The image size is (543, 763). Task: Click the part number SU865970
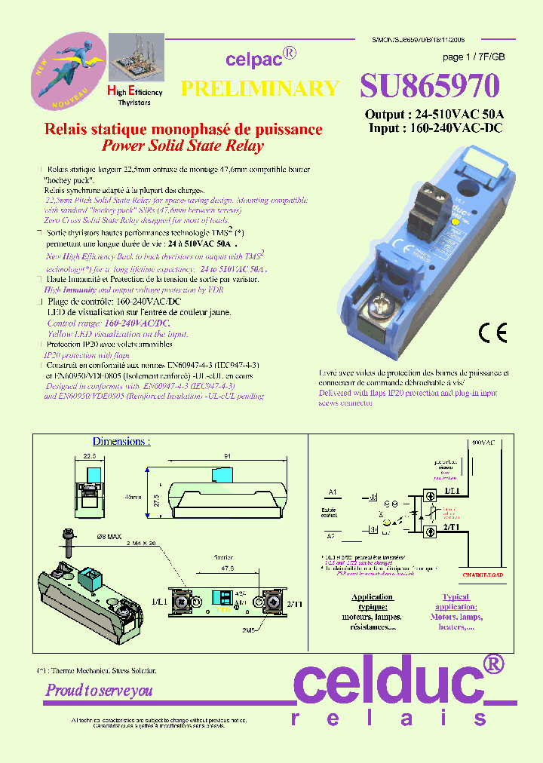point(430,87)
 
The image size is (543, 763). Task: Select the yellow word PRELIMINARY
point(260,88)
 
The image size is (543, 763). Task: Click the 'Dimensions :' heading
point(121,441)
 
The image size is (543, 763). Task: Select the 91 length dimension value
point(227,455)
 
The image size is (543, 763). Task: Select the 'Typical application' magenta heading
point(456,602)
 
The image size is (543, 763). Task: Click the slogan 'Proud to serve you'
point(99,690)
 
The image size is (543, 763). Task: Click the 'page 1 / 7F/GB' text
point(473,57)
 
